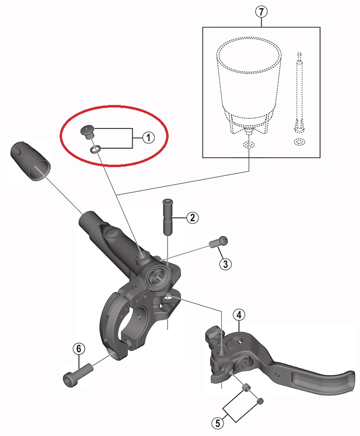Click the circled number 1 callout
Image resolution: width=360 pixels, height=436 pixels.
pyautogui.click(x=148, y=138)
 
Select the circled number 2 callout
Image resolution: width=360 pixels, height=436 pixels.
pyautogui.click(x=192, y=218)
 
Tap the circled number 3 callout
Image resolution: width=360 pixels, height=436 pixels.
pyautogui.click(x=225, y=264)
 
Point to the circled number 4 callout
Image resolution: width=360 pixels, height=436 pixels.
pyautogui.click(x=239, y=315)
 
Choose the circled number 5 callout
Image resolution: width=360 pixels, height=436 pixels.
pyautogui.click(x=218, y=424)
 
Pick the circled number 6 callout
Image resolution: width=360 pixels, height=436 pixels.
pyautogui.click(x=79, y=349)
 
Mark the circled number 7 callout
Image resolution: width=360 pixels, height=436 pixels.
pyautogui.click(x=261, y=12)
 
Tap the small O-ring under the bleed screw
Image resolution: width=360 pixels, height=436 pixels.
pyautogui.click(x=94, y=150)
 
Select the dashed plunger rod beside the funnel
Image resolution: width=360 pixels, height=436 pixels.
pyautogui.click(x=299, y=92)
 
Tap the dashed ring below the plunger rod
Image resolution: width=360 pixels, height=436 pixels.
pyautogui.click(x=299, y=142)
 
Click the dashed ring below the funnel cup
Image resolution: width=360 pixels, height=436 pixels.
pyautogui.click(x=248, y=145)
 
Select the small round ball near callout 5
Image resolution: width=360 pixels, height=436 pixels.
pyautogui.click(x=260, y=401)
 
